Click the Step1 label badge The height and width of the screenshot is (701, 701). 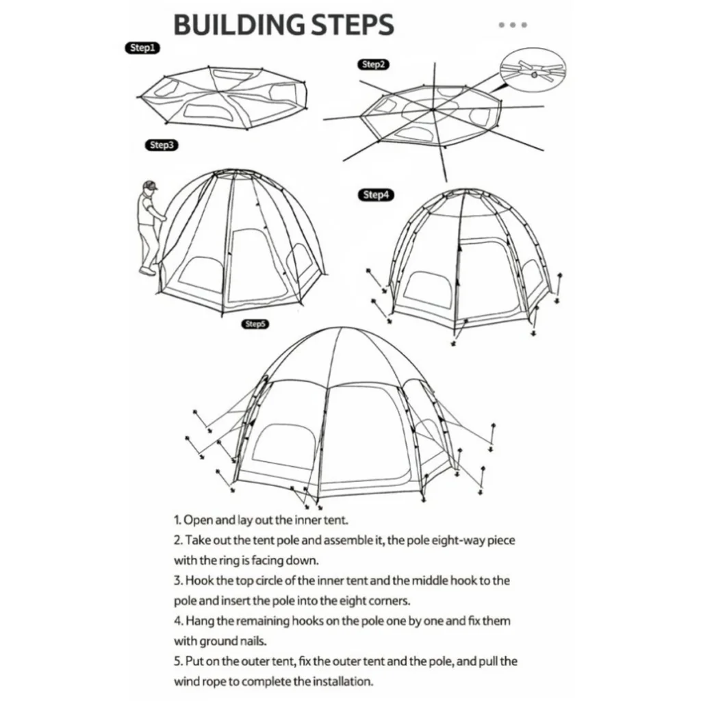click(142, 48)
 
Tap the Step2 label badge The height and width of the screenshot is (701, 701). click(373, 64)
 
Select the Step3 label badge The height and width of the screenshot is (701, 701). click(162, 145)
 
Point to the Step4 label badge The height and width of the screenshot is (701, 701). click(376, 195)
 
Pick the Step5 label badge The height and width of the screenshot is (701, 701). click(255, 324)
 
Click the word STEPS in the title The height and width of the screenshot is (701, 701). click(353, 25)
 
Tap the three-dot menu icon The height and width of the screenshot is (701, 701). click(513, 25)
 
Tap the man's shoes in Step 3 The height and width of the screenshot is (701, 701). click(148, 270)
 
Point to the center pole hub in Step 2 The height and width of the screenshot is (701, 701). click(433, 109)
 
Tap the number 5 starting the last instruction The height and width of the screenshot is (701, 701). click(177, 661)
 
